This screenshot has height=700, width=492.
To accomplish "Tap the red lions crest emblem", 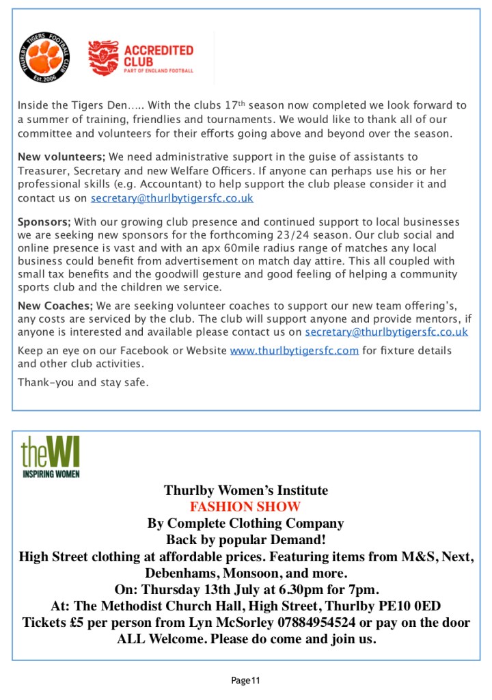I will coord(103,58).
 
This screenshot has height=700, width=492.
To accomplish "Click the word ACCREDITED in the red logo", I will coord(159,50).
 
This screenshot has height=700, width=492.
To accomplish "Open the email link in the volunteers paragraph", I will coord(172,198).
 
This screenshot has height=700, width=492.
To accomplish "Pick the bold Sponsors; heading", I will coord(44,222).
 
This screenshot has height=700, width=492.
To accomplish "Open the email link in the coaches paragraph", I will coord(386,332).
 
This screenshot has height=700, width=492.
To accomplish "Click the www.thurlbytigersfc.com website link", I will coord(295,351).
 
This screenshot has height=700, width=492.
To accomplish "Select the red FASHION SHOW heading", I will coord(245,507).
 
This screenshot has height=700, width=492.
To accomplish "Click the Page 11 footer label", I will coord(245,680).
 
